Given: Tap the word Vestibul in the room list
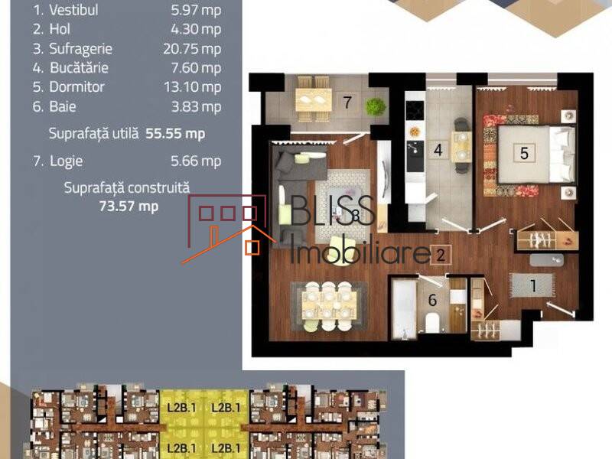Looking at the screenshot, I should tap(73, 10).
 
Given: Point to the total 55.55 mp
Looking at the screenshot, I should tap(175, 133).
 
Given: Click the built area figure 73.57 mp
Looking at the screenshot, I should tap(129, 206).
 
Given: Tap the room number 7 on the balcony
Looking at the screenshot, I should tap(347, 103).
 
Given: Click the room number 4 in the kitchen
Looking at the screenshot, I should tap(438, 150).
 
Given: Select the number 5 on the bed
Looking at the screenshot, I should tap(524, 153).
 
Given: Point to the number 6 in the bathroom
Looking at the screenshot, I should tap(432, 301).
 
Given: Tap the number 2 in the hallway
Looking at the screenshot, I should tap(440, 253).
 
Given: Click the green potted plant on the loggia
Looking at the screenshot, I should tap(375, 106).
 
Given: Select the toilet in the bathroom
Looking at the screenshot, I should tap(432, 321).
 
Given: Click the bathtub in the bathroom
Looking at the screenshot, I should tap(403, 308).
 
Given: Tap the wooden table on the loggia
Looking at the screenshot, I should tap(314, 100).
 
